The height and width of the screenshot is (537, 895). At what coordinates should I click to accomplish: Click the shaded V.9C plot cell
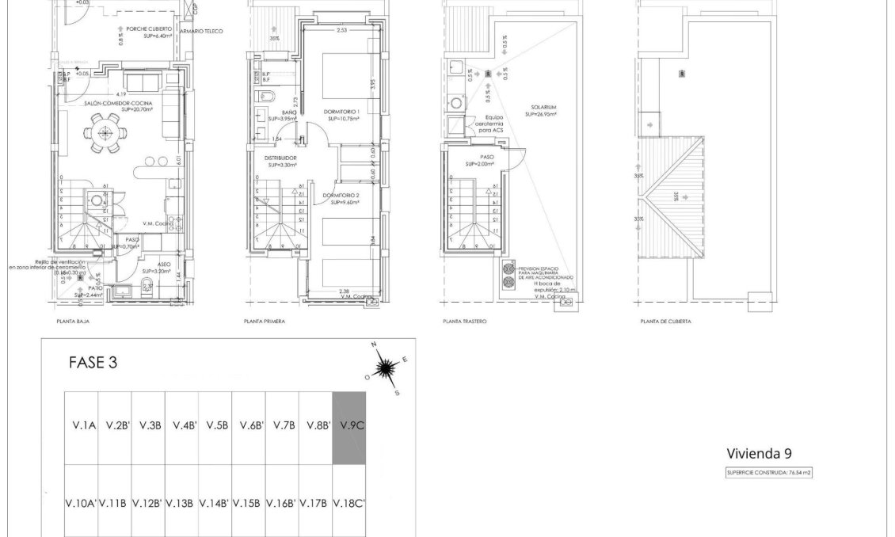pos(348,427)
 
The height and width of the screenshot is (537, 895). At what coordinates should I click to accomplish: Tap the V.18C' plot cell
pos(348,502)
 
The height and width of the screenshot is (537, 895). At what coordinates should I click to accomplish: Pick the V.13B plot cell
pos(181,502)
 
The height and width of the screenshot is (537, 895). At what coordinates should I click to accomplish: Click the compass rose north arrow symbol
pos(386,368)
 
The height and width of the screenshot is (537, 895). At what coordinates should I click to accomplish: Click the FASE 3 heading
pos(93,364)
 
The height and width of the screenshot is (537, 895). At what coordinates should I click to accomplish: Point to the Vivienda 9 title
pos(759,453)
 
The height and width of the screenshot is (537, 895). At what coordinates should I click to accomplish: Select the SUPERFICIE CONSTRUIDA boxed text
pos(769,472)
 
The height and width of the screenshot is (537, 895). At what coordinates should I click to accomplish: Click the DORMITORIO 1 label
pos(342,112)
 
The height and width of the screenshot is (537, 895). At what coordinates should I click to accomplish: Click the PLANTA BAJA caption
pos(72,322)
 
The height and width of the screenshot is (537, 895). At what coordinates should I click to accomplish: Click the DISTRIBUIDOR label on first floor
pos(280,158)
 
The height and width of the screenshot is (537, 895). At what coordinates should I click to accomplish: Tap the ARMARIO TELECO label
pos(202,32)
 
